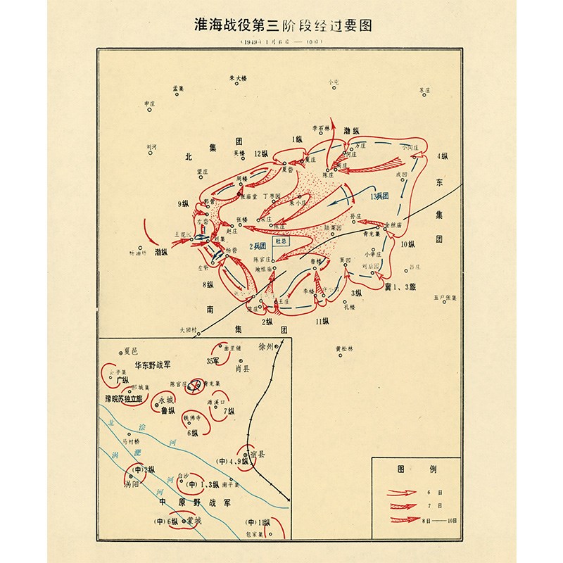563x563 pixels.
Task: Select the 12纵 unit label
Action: (x=262, y=153)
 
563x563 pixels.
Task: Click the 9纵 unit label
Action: (x=184, y=204)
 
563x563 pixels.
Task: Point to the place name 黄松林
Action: (x=347, y=348)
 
